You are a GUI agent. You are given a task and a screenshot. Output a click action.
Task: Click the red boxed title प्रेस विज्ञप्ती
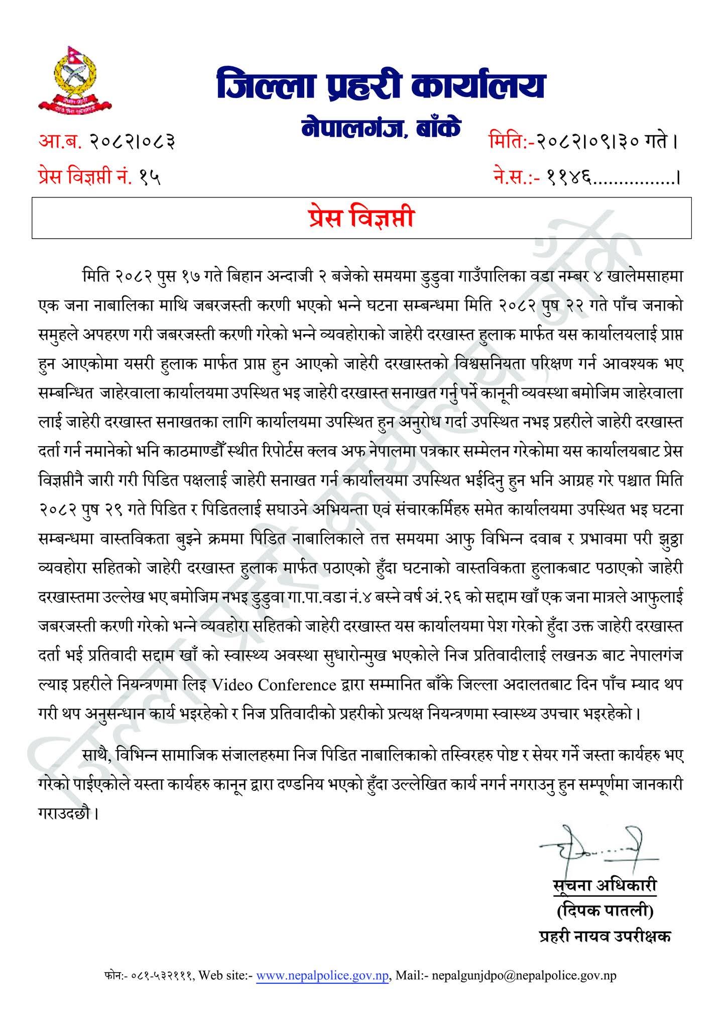click(361, 218)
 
